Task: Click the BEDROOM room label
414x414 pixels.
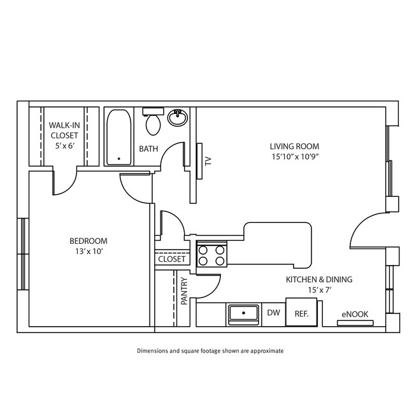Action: pos(88,241)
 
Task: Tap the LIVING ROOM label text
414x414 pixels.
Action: pos(294,146)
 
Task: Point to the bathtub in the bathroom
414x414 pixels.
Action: pos(118,137)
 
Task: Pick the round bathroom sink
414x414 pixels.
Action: pos(178,118)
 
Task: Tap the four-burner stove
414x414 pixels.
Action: pos(212,255)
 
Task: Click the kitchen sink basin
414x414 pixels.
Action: pos(243,314)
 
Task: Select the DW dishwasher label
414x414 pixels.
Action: pos(274,313)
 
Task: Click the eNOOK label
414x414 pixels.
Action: pos(355,314)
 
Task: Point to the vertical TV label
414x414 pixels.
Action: pos(208,161)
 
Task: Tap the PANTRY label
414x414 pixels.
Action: pos(184,291)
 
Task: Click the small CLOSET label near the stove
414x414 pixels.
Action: pos(171,259)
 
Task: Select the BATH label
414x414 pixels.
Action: pos(148,150)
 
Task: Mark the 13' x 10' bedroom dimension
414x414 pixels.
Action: pos(88,252)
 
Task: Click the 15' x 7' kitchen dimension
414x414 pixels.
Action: pos(318,290)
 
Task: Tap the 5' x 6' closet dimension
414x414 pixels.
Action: pos(64,146)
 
